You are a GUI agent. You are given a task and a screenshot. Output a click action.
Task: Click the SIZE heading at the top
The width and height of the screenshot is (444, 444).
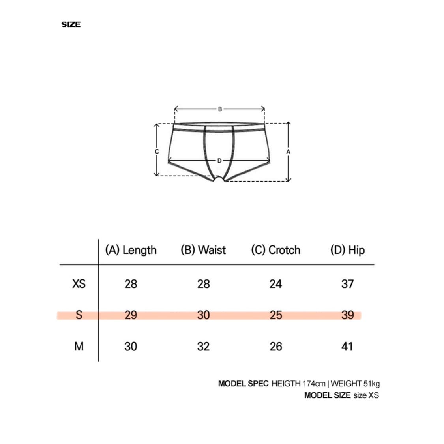coord(71,24)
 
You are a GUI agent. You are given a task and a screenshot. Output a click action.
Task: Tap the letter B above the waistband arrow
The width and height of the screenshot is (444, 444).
coord(220,109)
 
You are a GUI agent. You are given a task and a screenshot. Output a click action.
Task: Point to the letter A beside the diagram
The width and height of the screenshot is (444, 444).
coord(288,152)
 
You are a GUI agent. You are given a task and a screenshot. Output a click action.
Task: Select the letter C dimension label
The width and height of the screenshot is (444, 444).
coord(157,152)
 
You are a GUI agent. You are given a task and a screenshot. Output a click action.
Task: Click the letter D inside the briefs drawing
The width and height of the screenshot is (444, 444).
coord(219,161)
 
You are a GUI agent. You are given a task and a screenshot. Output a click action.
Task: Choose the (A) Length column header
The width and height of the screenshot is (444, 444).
coord(131,250)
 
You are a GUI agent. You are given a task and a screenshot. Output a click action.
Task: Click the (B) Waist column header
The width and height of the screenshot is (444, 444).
coord(203,250)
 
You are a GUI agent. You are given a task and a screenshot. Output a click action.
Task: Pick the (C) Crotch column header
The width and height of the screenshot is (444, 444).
coord(276,250)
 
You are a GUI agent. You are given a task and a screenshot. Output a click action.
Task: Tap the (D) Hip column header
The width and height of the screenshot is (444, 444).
coord(348,250)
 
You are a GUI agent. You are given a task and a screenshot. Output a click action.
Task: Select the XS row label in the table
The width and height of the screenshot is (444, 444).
coord(79,284)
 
